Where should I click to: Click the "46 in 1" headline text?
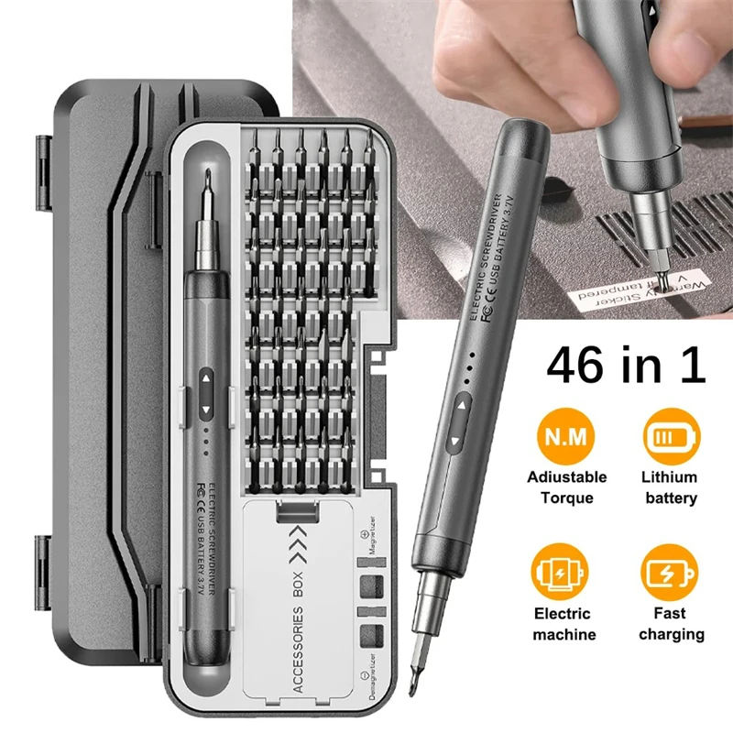click(627, 365)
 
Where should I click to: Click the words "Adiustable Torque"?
click(566, 487)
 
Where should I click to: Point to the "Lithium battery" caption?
click(670, 487)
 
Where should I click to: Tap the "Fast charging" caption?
click(672, 623)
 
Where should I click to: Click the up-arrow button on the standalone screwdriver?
click(462, 405)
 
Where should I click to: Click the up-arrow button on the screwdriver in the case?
click(205, 377)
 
